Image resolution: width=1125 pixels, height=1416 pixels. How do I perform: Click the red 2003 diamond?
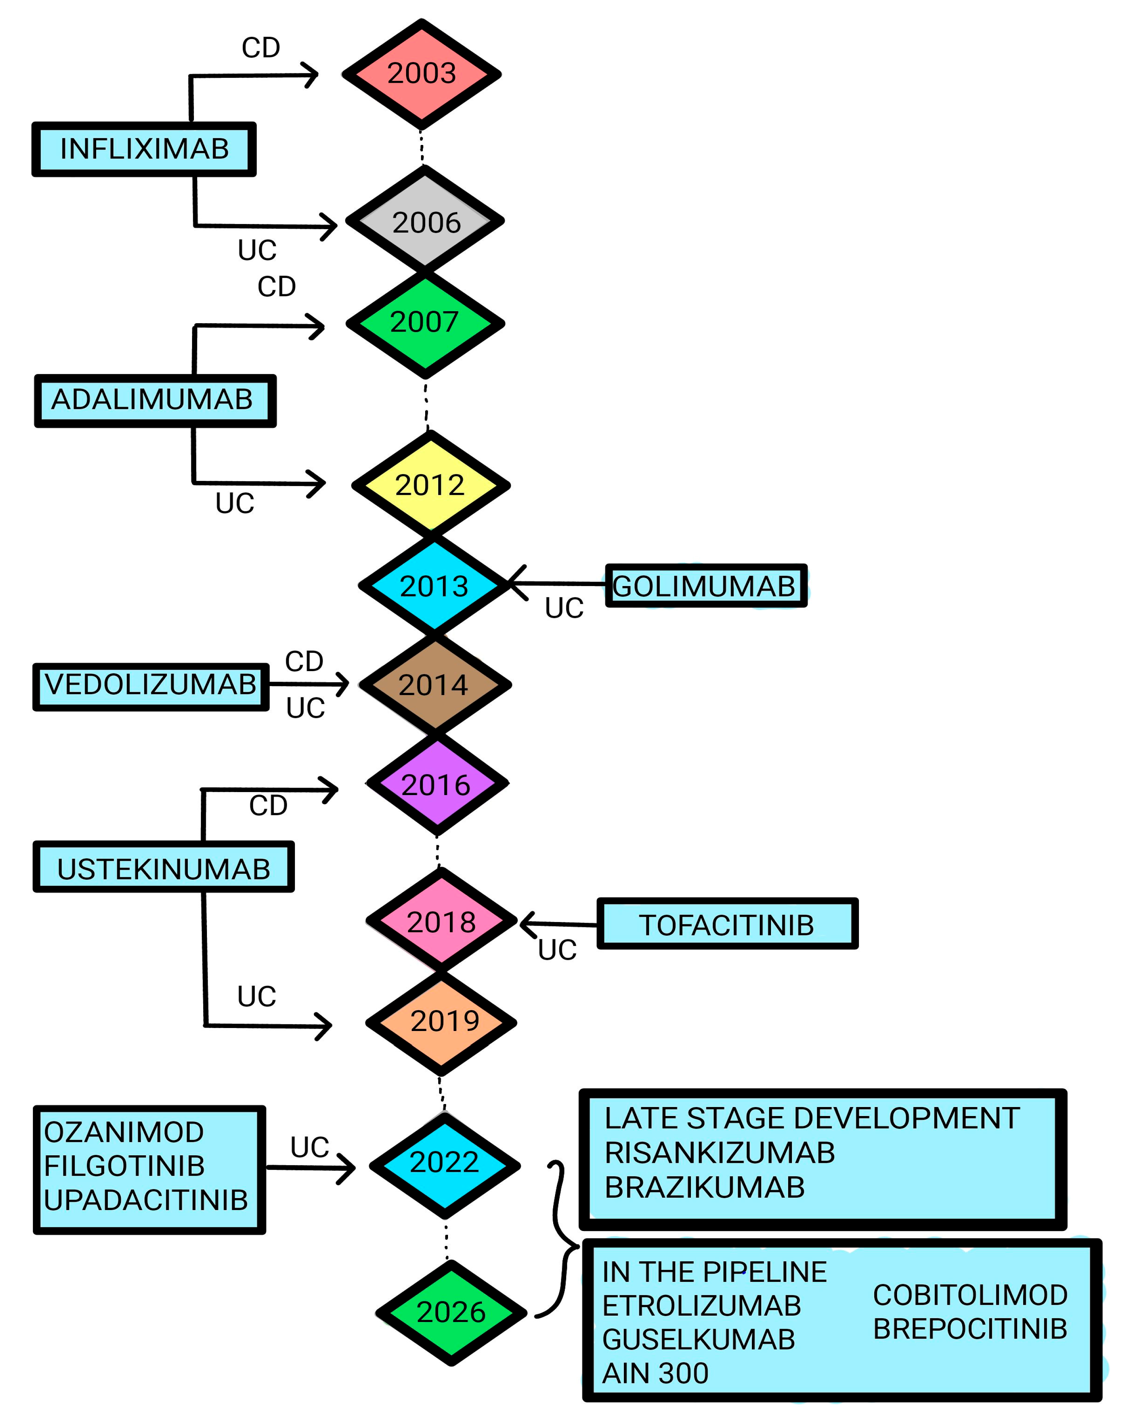pyautogui.click(x=421, y=73)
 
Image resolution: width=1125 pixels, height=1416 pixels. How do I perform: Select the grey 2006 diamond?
pyautogui.click(x=425, y=222)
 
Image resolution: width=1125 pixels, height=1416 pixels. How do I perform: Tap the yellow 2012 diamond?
pyautogui.click(x=430, y=485)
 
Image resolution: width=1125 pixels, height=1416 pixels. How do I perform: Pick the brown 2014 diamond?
pyautogui.click(x=435, y=685)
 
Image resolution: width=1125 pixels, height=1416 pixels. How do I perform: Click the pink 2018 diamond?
pyautogui.click(x=441, y=921)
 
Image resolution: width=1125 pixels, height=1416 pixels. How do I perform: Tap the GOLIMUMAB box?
pyautogui.click(x=705, y=585)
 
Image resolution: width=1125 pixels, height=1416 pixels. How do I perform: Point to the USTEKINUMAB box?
pyautogui.click(x=164, y=868)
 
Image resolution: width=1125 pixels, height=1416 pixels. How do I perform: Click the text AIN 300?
pyautogui.click(x=655, y=1373)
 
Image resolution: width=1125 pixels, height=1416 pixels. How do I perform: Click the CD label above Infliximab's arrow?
pyautogui.click(x=260, y=48)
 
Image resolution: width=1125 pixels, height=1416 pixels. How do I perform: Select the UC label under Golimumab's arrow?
pyautogui.click(x=564, y=608)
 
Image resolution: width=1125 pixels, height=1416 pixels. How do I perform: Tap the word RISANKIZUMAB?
pyautogui.click(x=719, y=1153)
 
